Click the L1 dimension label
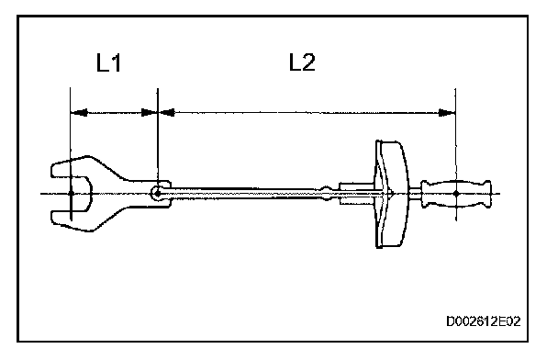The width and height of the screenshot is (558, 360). pyautogui.click(x=109, y=62)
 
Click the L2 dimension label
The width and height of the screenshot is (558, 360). pyautogui.click(x=302, y=62)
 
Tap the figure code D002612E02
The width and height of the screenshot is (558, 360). pyautogui.click(x=484, y=321)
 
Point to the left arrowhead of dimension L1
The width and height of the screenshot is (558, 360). pyautogui.click(x=79, y=113)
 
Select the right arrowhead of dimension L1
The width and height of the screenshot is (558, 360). pyautogui.click(x=149, y=113)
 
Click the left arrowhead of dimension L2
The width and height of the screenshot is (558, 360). pyautogui.click(x=166, y=113)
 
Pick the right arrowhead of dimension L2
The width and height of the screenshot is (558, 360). pyautogui.click(x=447, y=113)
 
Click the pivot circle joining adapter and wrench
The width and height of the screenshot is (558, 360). pyautogui.click(x=157, y=194)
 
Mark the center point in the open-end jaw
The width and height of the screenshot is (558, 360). pyautogui.click(x=71, y=194)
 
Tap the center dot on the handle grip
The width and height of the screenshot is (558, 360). pyautogui.click(x=456, y=194)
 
